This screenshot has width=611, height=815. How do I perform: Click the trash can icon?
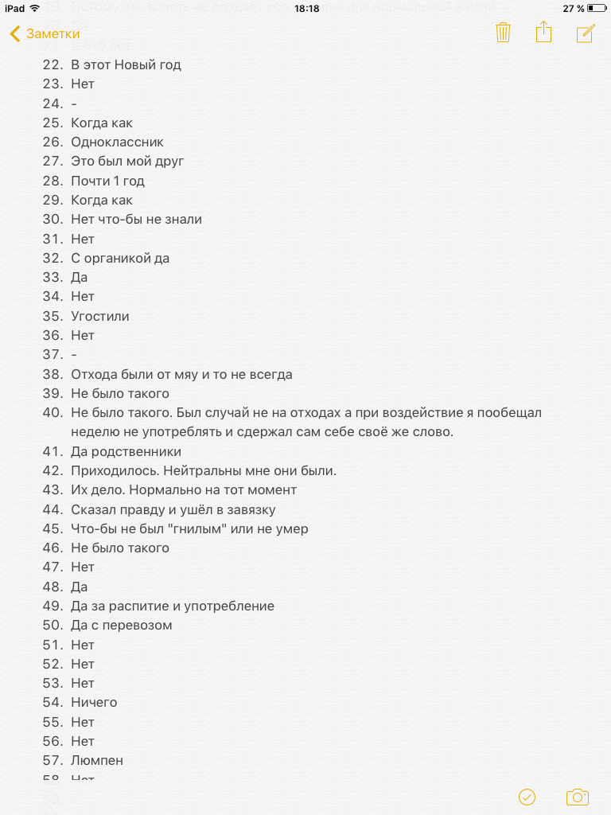(x=503, y=33)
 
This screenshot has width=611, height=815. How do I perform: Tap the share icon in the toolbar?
(x=543, y=33)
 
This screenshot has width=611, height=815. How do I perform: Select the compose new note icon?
(x=586, y=33)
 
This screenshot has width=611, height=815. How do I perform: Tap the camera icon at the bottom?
(x=577, y=797)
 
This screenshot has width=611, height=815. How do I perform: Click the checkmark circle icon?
(x=527, y=797)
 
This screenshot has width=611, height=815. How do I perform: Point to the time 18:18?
(x=306, y=8)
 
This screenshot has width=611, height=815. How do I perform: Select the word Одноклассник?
(x=117, y=142)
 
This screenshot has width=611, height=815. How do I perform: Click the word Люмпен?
(x=97, y=760)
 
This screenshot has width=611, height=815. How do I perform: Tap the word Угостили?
(x=100, y=316)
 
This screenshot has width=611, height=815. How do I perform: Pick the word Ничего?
(x=94, y=702)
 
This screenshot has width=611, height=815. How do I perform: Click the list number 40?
(x=53, y=412)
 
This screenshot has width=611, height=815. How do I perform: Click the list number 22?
(x=53, y=64)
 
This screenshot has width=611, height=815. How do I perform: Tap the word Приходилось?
(x=111, y=470)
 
